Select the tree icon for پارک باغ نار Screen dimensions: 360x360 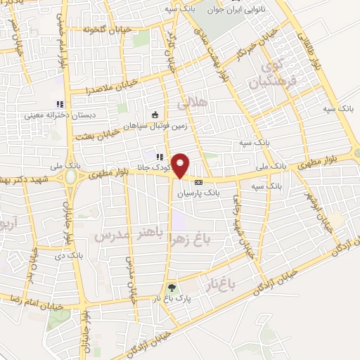(x=171, y=288)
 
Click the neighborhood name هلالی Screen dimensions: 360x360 (x=193, y=103)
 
